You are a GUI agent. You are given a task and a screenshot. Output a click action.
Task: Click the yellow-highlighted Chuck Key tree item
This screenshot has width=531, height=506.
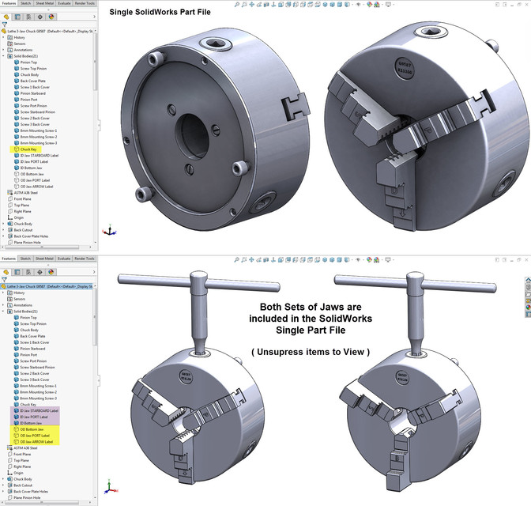(28, 149)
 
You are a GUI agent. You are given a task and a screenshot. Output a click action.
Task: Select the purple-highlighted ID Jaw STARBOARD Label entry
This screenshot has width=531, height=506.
(40, 410)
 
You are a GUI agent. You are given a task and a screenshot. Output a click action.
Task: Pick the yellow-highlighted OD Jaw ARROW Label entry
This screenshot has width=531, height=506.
(37, 441)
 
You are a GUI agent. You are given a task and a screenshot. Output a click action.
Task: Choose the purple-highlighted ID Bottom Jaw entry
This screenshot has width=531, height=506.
(32, 423)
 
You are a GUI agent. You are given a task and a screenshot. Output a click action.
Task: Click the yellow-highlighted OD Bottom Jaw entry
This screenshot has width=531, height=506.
(32, 429)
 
